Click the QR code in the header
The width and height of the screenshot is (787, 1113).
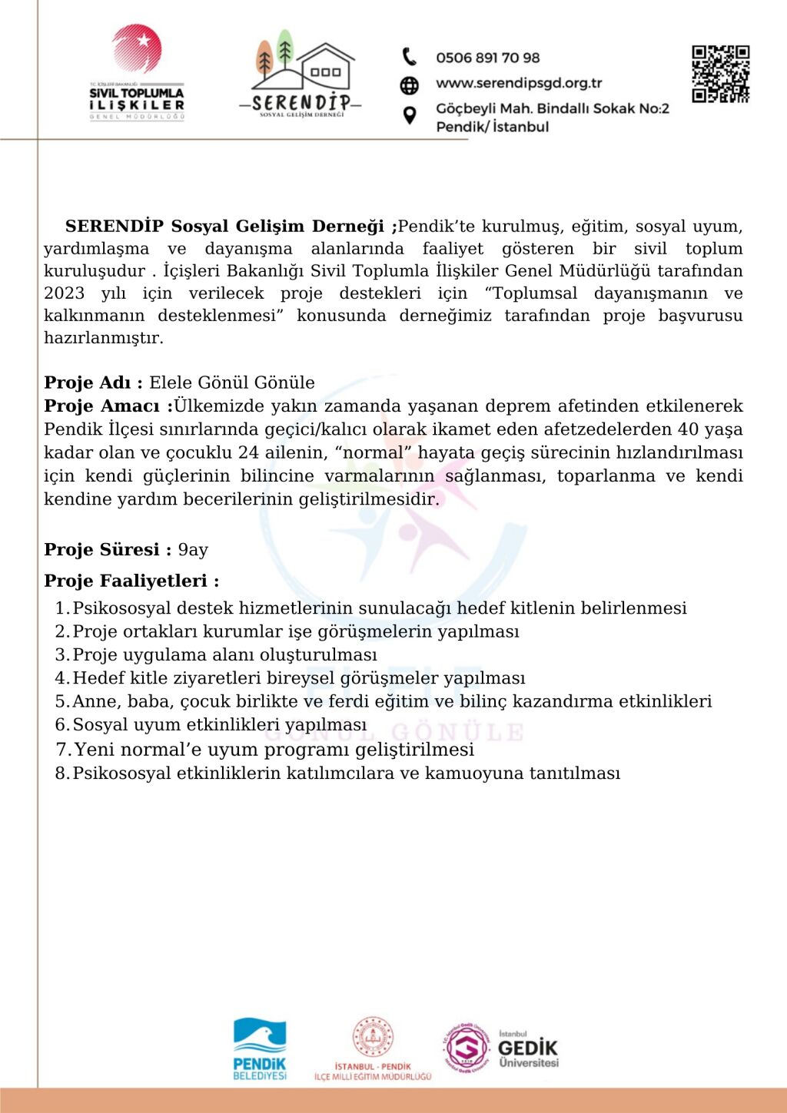tap(720, 74)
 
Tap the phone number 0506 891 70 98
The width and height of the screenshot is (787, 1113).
tap(487, 58)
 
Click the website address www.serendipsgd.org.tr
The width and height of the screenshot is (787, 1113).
tap(519, 83)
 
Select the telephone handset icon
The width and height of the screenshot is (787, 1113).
tap(410, 57)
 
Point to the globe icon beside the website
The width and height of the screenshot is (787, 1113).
tap(410, 84)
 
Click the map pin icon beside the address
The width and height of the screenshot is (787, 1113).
tap(410, 115)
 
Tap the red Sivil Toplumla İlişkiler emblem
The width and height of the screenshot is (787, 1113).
tap(137, 49)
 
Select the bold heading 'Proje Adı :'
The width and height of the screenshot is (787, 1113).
tap(93, 383)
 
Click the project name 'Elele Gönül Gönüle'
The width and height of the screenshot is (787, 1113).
tap(232, 383)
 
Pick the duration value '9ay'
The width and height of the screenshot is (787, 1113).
tap(193, 550)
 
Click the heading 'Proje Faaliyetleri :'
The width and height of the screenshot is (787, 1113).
tap(131, 581)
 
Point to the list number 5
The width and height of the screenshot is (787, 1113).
tap(61, 701)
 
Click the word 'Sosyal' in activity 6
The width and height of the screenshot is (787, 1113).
tap(100, 724)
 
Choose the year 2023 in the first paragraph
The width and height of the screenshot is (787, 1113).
tap(64, 293)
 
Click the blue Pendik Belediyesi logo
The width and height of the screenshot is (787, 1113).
tap(260, 1048)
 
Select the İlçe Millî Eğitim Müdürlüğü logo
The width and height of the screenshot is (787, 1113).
tap(373, 1048)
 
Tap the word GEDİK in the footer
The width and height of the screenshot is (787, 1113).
tap(527, 1048)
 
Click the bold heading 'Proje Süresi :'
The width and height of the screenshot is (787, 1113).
tap(108, 550)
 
